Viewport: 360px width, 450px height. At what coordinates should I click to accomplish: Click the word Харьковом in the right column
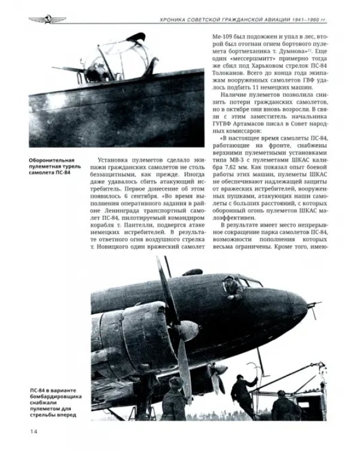[259, 65]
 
